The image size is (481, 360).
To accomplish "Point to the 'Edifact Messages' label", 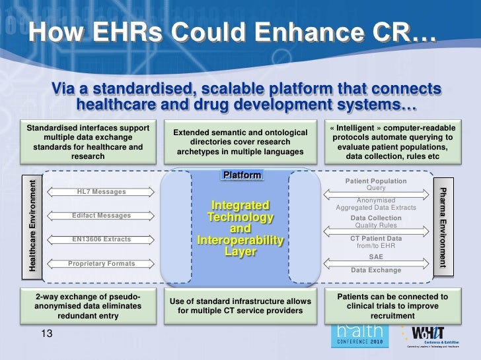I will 102,216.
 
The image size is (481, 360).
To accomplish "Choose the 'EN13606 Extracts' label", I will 102,239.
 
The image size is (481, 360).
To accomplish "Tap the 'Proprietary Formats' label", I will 102,263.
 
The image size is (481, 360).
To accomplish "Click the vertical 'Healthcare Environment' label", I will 32,223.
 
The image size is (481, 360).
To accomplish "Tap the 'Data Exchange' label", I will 375,270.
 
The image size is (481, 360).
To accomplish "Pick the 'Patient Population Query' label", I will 375,185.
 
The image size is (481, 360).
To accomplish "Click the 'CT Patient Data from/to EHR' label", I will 375,242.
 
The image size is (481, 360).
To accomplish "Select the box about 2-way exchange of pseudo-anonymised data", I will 89,306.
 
